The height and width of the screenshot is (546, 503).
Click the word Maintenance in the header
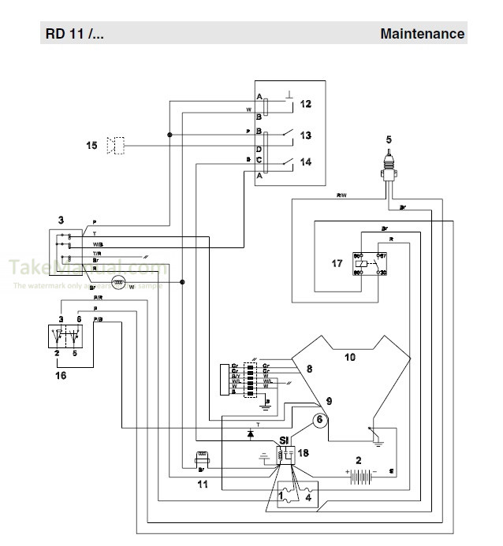(422, 34)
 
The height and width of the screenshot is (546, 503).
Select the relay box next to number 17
(371, 264)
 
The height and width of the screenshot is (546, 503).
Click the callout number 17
(337, 263)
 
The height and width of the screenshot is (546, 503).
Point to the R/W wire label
(341, 195)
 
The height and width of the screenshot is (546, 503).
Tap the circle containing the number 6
(319, 420)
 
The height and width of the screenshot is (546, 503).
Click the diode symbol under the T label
(251, 433)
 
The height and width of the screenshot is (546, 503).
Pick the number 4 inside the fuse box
(307, 498)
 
